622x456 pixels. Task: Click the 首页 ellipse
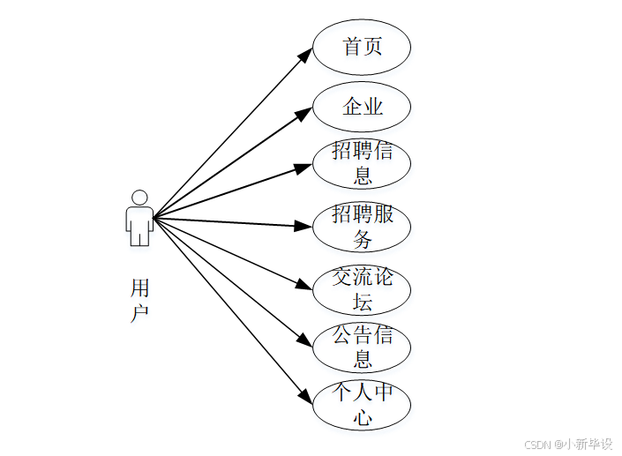click(x=362, y=46)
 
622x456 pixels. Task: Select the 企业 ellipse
click(x=362, y=107)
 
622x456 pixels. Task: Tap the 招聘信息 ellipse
click(x=362, y=163)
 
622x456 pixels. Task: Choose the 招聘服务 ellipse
click(x=362, y=227)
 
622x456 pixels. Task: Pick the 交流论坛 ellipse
click(x=362, y=289)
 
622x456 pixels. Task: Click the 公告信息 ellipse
click(x=362, y=347)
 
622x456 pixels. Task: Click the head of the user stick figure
click(x=139, y=197)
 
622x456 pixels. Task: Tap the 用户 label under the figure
click(x=139, y=300)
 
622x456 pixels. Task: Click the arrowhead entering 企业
click(x=306, y=111)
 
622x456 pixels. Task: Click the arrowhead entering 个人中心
click(x=306, y=398)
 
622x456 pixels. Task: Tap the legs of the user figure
click(x=139, y=236)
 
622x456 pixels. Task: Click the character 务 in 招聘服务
click(x=362, y=239)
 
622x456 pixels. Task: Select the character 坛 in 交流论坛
click(x=362, y=302)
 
